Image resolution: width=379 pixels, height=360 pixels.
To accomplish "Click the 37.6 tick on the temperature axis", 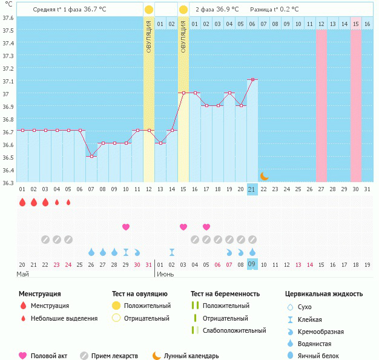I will tap(7, 18).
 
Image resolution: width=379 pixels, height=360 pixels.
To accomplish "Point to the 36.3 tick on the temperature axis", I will tap(7, 183).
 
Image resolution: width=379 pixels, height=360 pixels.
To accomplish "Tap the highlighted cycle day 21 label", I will tap(252, 189).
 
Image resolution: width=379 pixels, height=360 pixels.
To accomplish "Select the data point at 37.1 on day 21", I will tap(252, 80).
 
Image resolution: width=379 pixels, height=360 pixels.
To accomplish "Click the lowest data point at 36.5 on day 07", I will tap(91, 156).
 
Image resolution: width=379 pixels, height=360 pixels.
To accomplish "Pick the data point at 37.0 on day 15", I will tap(183, 93).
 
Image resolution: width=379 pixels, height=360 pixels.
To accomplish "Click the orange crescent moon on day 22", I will tap(264, 176).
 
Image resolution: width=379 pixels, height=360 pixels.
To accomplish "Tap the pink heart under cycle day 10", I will tap(126, 227).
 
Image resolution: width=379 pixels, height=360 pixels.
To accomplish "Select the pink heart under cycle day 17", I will tap(206, 227).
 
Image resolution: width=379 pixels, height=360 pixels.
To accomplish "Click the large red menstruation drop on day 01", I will tap(22, 203).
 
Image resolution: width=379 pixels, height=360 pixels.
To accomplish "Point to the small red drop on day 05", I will tap(68, 203).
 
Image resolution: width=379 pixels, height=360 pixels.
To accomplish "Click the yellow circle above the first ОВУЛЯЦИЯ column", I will tap(149, 10).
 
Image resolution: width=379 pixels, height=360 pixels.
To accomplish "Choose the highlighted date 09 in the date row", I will tap(252, 265).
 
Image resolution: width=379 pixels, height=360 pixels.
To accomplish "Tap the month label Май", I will tap(22, 274).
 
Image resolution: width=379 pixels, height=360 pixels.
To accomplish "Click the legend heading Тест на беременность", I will tap(225, 294).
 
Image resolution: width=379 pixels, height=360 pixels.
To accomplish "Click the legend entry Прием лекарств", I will tap(114, 356).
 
